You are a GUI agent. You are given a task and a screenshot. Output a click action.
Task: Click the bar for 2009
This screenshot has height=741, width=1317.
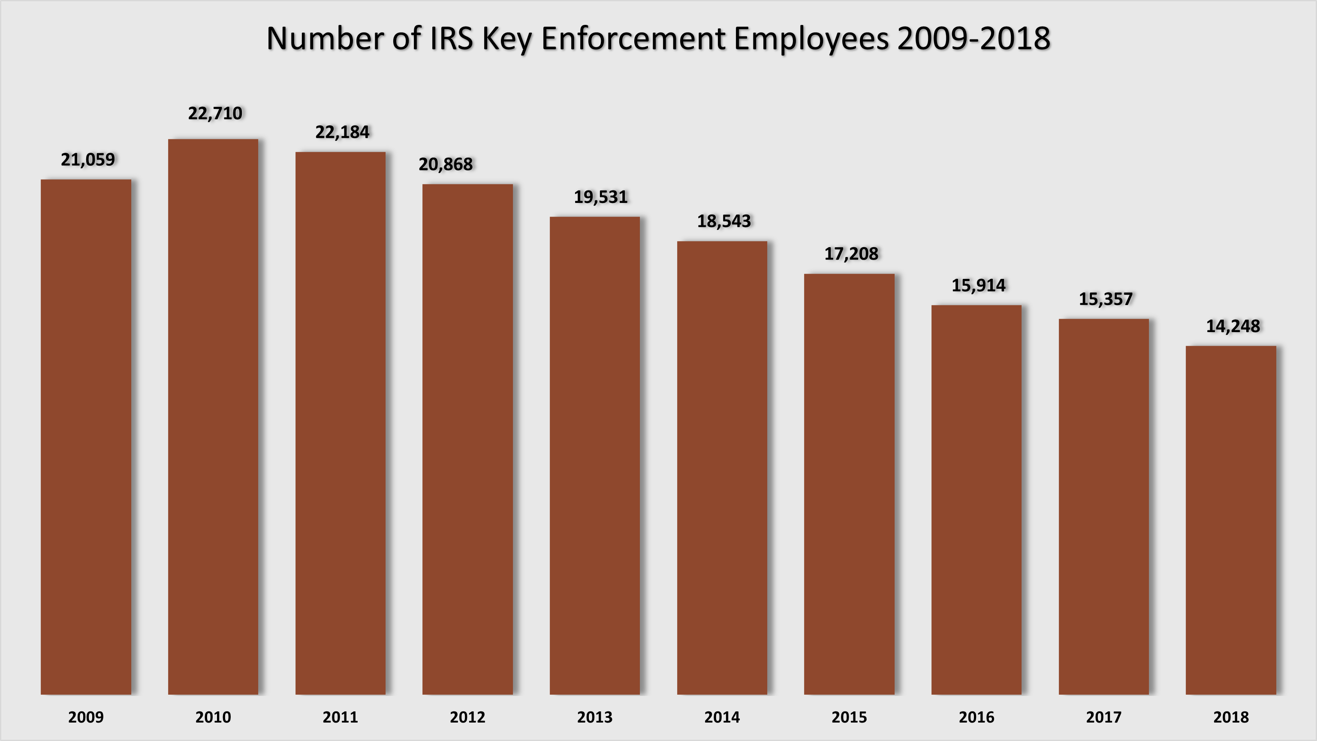click(x=86, y=437)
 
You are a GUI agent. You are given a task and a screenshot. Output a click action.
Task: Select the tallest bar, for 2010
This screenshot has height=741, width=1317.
click(x=213, y=416)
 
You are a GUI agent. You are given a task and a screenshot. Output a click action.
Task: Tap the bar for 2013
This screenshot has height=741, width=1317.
click(x=594, y=455)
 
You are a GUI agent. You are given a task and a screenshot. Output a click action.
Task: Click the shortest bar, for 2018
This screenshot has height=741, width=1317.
click(x=1231, y=520)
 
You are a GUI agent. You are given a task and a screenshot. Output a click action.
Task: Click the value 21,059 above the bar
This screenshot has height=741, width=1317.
click(x=88, y=160)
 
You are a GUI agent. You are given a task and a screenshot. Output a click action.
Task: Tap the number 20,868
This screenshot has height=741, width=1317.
click(x=446, y=165)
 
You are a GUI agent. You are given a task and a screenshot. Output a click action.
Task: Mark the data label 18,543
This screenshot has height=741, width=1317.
click(x=724, y=221)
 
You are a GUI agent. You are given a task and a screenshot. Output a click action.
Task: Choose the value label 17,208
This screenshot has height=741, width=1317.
click(x=851, y=254)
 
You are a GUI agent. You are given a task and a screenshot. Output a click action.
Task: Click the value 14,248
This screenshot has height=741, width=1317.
click(x=1233, y=326)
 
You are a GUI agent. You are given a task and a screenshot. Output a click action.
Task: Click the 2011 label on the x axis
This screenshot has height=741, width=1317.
click(x=341, y=717)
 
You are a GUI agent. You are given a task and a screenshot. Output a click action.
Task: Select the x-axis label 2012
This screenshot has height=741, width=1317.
click(x=467, y=717)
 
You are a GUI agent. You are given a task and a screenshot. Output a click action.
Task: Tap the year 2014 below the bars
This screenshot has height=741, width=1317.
click(x=722, y=717)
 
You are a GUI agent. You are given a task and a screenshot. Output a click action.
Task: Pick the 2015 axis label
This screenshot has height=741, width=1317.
click(x=849, y=717)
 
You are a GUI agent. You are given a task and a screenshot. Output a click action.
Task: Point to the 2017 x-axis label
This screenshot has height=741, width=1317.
click(x=1104, y=717)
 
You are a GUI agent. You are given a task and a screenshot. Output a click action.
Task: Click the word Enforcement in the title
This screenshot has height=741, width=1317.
click(x=633, y=39)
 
